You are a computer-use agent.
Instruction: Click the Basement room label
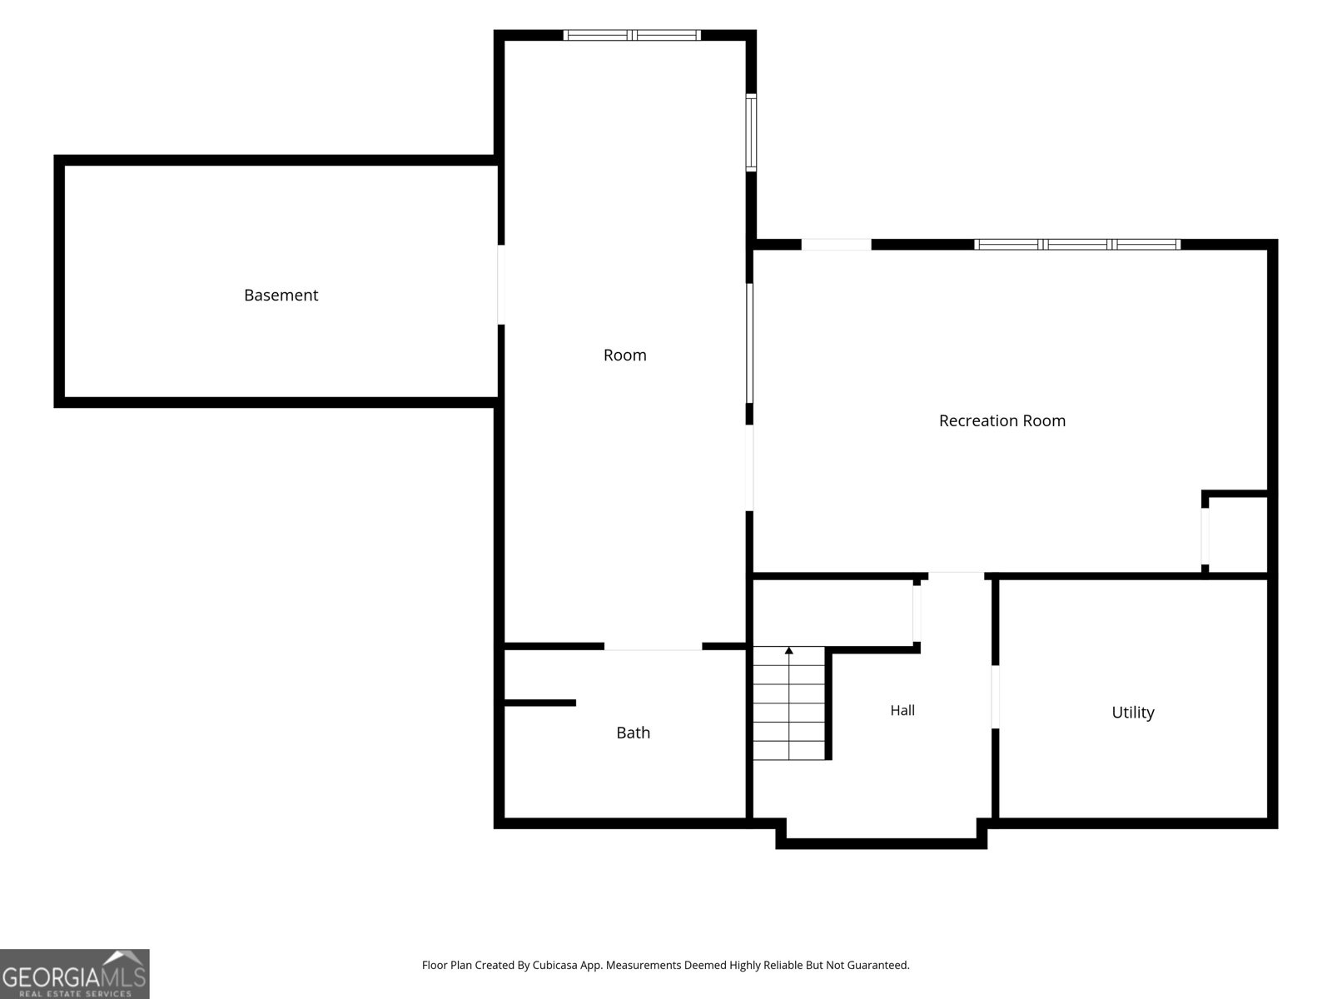click(281, 295)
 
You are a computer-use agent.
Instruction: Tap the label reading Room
click(624, 355)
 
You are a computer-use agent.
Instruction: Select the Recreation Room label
click(1001, 420)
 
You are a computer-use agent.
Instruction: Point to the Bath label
click(633, 732)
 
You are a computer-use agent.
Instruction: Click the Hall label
click(902, 709)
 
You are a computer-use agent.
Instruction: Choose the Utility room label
click(1132, 712)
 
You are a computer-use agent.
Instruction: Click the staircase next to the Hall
click(789, 703)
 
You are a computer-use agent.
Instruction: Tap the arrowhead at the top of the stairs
click(789, 650)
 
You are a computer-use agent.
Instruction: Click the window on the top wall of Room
click(632, 35)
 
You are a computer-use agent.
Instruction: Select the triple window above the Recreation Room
click(1077, 245)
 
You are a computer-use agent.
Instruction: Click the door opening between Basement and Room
click(500, 285)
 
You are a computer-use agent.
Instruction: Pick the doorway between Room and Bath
click(653, 647)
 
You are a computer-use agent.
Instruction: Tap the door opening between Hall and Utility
click(995, 697)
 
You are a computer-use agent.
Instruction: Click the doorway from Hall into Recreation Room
click(956, 575)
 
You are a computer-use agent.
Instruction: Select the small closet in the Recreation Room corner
click(1236, 534)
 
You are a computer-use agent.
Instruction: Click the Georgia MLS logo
click(75, 973)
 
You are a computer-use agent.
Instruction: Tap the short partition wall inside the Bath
click(540, 703)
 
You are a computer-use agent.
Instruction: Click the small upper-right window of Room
click(751, 132)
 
